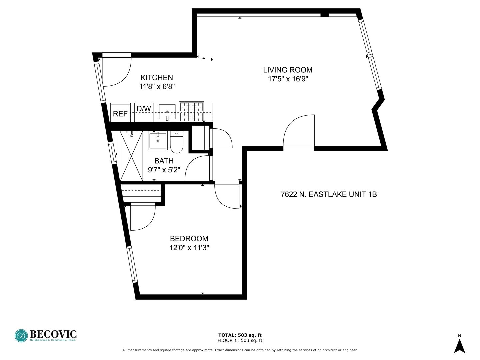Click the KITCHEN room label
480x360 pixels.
click(x=157, y=78)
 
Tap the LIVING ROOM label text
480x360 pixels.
click(x=288, y=70)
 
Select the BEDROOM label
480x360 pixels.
click(x=189, y=238)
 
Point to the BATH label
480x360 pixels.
click(x=164, y=161)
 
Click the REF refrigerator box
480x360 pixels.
click(x=120, y=113)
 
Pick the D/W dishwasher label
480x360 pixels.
click(x=144, y=109)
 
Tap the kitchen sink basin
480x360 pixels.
click(x=167, y=112)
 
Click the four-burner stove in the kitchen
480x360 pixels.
click(x=191, y=111)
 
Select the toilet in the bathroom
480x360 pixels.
click(x=176, y=142)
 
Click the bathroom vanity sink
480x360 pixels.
click(x=158, y=141)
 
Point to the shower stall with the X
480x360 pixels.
click(x=131, y=156)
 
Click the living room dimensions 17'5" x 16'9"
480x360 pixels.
click(x=288, y=79)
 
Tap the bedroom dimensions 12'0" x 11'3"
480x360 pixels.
click(x=189, y=248)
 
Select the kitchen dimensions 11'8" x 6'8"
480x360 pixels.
click(x=157, y=87)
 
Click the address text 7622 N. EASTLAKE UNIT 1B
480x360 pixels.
click(x=329, y=195)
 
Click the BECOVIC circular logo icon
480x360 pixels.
click(x=21, y=336)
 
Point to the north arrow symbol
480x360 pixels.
click(x=459, y=346)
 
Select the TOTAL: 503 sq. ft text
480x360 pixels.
click(x=240, y=335)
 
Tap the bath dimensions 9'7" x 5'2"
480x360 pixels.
click(x=164, y=170)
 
